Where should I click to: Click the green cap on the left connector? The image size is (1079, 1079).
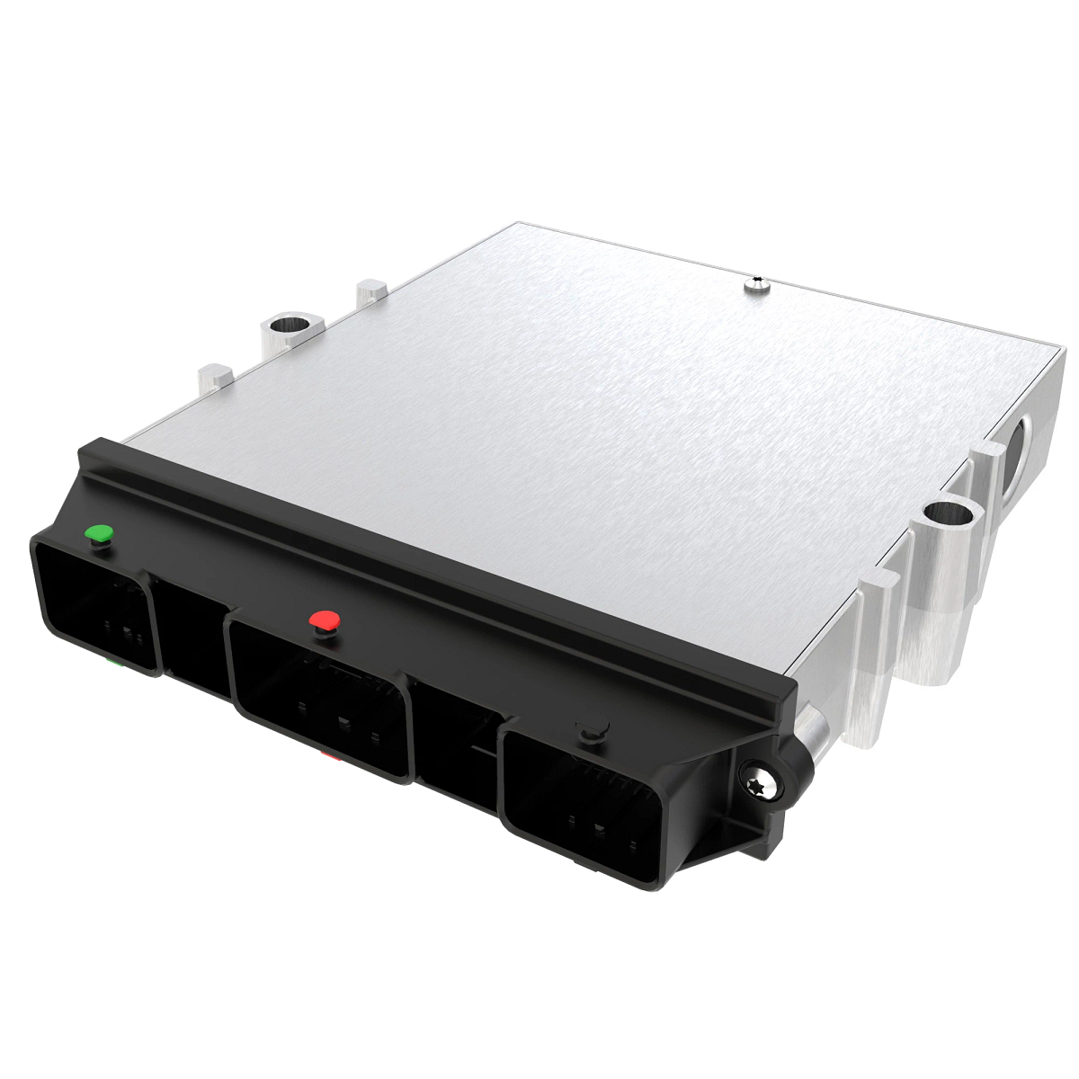[98, 534]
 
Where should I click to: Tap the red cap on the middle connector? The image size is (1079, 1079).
[324, 620]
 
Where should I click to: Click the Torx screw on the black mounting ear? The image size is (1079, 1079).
[760, 786]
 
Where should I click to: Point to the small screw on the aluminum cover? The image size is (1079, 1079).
[758, 287]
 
